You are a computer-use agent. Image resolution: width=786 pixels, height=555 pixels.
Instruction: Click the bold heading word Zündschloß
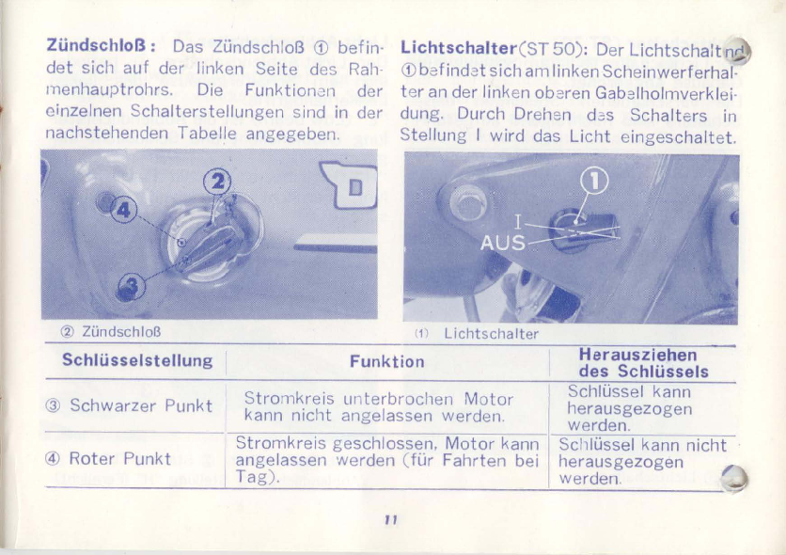pos(96,45)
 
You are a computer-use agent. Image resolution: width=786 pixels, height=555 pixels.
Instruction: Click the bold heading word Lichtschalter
pos(459,48)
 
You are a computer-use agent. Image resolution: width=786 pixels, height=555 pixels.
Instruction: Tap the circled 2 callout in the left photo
pos(217,182)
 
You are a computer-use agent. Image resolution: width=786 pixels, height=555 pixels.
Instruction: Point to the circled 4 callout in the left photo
pos(123,210)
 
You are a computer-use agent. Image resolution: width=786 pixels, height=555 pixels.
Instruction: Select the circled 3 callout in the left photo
pos(132,286)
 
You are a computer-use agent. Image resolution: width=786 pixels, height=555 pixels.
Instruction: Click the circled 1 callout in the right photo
pos(594,181)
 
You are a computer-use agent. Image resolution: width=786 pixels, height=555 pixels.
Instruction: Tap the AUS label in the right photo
pos(503,243)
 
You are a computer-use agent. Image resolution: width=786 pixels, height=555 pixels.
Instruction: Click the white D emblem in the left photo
pos(351,184)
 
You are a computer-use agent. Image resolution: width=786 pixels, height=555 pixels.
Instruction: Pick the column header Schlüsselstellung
pos(137,360)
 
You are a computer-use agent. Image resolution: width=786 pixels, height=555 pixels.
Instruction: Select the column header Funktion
pos(387,361)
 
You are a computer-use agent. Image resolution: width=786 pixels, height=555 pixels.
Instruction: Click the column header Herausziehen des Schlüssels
pos(644,363)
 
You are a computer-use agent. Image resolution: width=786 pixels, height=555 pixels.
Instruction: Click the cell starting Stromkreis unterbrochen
pos(379,407)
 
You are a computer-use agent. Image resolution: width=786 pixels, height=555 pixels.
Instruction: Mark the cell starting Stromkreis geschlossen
pos(387,460)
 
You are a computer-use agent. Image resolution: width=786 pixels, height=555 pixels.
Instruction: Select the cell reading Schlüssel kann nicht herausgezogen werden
pos(642,461)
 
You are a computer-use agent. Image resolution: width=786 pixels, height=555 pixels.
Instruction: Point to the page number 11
pos(391,520)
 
